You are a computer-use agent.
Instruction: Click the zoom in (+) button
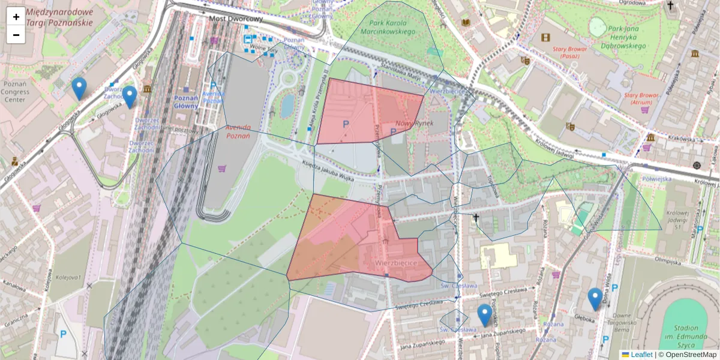(16, 17)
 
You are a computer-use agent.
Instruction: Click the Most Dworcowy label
(236, 19)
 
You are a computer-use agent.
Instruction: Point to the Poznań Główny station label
(185, 102)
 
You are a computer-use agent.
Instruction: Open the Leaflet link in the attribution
(641, 355)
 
